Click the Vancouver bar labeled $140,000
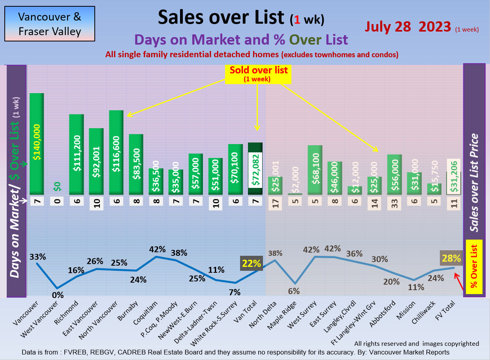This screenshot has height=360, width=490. tap(37, 144)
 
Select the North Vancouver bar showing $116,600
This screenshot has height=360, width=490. tap(116, 152)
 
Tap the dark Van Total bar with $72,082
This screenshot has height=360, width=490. tap(255, 169)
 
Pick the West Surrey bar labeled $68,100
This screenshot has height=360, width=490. tap(315, 170)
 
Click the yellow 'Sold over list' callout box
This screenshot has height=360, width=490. tap(259, 73)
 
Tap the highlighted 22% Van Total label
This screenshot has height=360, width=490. tap(252, 263)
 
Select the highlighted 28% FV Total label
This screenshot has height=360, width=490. tap(451, 259)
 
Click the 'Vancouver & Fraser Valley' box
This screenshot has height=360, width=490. tap(50, 24)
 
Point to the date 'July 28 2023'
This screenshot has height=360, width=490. tap(408, 26)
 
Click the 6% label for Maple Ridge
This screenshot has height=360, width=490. tap(294, 291)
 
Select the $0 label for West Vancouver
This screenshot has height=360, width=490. tap(57, 186)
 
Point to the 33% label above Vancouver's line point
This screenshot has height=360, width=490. tap(38, 257)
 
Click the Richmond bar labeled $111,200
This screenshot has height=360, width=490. tap(77, 154)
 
